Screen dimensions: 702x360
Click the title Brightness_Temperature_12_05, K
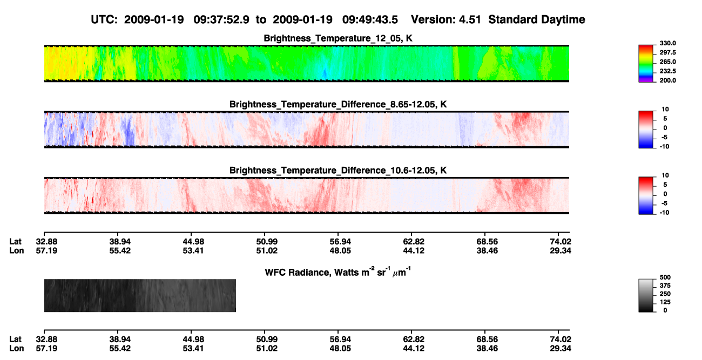(338, 38)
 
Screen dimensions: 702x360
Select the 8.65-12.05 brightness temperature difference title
(338, 104)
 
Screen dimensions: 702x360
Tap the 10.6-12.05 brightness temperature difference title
(338, 171)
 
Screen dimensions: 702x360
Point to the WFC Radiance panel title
(338, 271)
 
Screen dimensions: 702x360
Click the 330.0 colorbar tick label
(667, 43)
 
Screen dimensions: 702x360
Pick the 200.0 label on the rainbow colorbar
(667, 80)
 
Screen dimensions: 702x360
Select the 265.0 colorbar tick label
(667, 62)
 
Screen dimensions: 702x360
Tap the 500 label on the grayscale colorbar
(665, 277)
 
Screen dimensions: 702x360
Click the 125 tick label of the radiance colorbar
(665, 302)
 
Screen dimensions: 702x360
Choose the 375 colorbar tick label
(665, 286)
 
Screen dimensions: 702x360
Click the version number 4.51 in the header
(470, 19)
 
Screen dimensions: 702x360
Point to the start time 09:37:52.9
(221, 19)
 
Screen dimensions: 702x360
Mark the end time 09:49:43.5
(370, 19)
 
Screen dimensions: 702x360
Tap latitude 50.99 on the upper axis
(267, 242)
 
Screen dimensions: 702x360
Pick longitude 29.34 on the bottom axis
(561, 348)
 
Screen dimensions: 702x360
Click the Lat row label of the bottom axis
(15, 339)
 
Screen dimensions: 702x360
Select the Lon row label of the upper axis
(17, 250)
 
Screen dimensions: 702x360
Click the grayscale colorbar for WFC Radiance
(646, 296)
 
